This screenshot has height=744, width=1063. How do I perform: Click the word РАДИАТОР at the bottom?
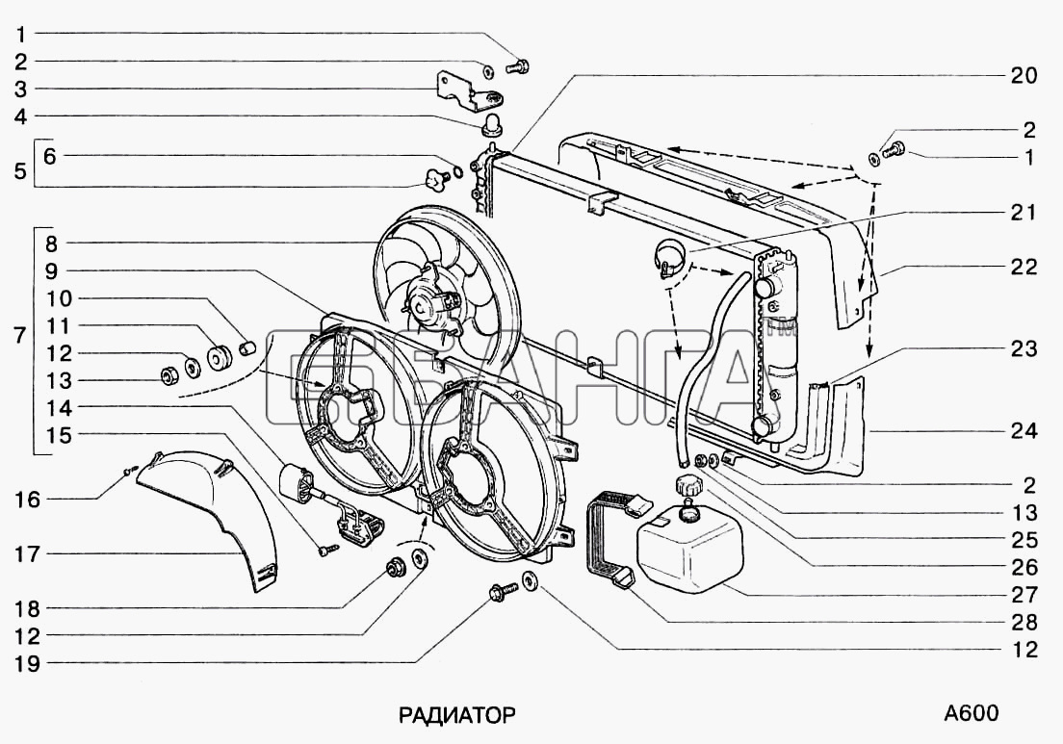[456, 715]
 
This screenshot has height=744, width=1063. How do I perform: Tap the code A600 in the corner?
[971, 713]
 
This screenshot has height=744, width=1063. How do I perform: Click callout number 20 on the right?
[1024, 75]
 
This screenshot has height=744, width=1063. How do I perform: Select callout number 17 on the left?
[27, 554]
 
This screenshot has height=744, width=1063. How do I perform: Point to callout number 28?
[1024, 622]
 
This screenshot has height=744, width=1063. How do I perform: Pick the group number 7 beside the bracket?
[19, 335]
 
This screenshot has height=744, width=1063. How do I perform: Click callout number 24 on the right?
[1024, 430]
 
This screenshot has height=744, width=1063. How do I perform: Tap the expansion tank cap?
[688, 486]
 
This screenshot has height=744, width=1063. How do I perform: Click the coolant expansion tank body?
[688, 548]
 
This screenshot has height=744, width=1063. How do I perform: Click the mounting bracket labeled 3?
[468, 90]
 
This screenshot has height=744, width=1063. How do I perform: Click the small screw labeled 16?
[132, 468]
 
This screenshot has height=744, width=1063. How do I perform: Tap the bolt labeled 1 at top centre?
[518, 66]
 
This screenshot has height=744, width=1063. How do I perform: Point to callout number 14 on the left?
[59, 408]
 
